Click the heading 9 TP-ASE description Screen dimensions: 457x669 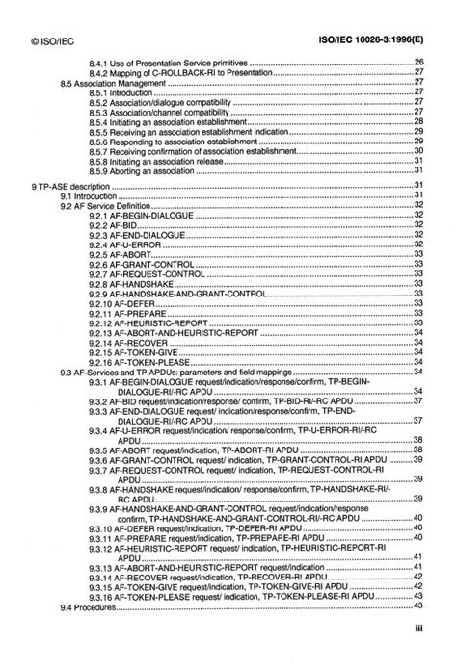73,184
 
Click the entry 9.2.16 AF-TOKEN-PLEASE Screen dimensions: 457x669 142,365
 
